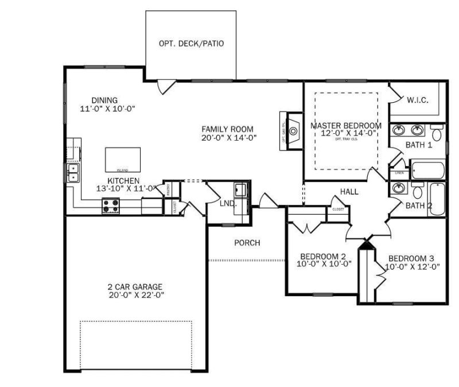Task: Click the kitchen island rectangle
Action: pos(123,159)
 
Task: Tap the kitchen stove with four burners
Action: pos(111,206)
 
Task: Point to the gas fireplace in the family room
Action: pos(293,131)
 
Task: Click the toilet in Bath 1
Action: pos(437,134)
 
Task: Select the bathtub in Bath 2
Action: pos(437,199)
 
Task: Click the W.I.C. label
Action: pos(418,100)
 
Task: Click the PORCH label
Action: pos(247,243)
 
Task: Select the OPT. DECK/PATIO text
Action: pos(191,43)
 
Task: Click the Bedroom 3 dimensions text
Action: pos(413,266)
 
